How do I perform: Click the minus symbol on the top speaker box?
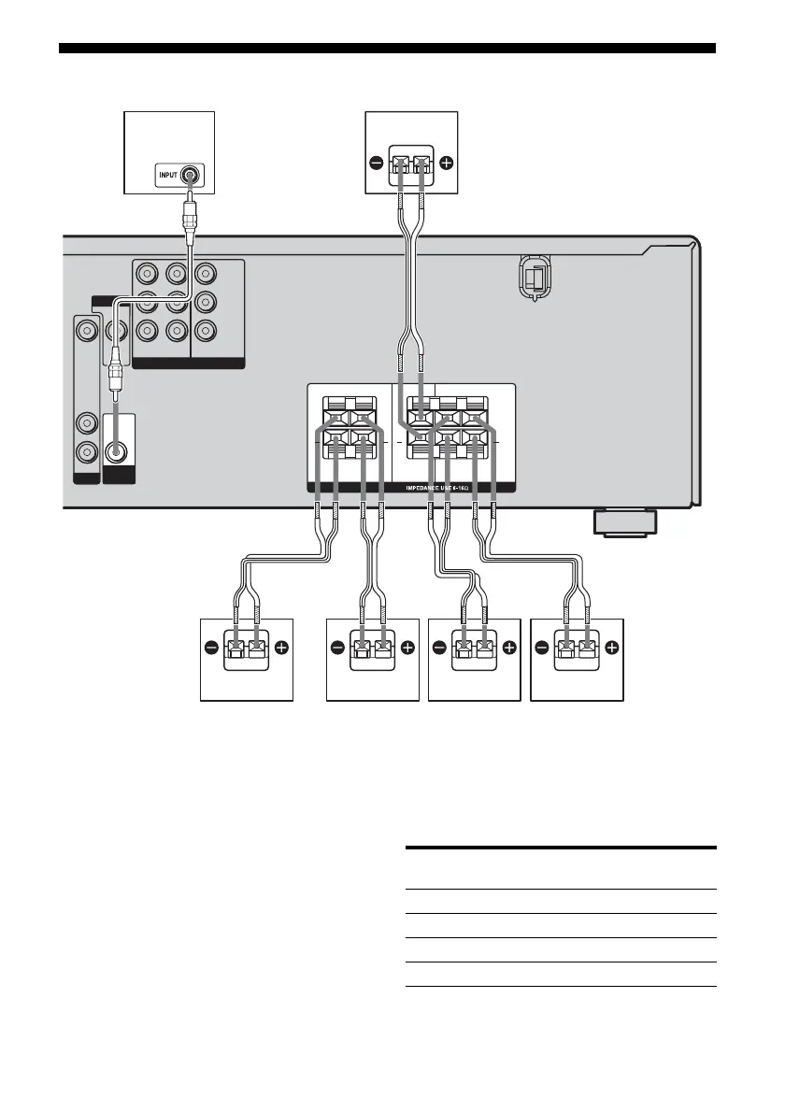[376, 163]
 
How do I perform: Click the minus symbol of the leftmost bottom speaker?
[213, 647]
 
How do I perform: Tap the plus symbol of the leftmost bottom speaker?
[282, 647]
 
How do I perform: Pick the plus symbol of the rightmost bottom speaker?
[611, 647]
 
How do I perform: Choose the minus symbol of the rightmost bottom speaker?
[542, 647]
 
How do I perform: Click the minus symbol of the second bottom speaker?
[337, 647]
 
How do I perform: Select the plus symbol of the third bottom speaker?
[509, 647]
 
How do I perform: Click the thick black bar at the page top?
[387, 48]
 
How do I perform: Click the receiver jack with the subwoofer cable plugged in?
[117, 450]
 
